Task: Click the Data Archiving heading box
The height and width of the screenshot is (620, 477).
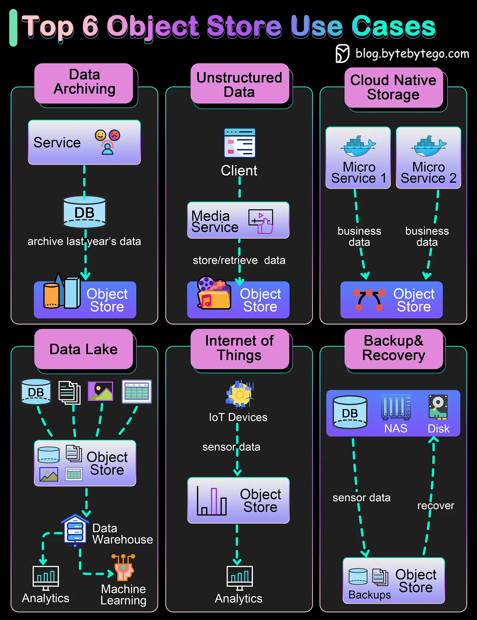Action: [84, 83]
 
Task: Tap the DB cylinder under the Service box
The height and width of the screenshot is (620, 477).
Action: [85, 212]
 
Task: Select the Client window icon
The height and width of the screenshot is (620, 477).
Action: [239, 143]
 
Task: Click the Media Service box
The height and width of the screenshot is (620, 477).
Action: [238, 220]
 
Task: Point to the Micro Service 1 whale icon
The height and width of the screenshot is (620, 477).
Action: [358, 146]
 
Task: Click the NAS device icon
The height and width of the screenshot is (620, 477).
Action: [396, 407]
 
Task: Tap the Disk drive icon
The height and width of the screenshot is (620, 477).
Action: [438, 407]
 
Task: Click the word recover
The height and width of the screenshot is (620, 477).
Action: [435, 506]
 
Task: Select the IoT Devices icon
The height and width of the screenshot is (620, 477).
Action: [240, 394]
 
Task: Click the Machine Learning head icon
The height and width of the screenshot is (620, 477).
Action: [123, 568]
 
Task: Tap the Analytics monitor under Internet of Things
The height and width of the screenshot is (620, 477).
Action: [239, 577]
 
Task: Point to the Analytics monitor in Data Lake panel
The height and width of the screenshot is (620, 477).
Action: [46, 577]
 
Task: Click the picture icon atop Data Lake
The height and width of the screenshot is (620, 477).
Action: [101, 391]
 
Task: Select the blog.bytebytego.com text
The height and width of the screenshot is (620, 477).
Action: [412, 53]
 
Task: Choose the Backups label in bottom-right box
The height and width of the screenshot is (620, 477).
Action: [370, 594]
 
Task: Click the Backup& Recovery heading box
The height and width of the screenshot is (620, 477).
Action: [393, 348]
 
